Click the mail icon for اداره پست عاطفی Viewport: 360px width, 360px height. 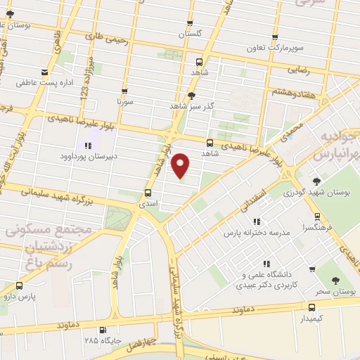[46, 72]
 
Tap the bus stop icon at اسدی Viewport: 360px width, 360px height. [148, 193]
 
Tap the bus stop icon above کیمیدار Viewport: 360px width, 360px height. [311, 307]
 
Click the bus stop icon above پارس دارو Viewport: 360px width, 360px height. [19, 285]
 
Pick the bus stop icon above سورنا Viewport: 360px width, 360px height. [124, 91]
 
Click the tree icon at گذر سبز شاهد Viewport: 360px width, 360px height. [191, 95]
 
